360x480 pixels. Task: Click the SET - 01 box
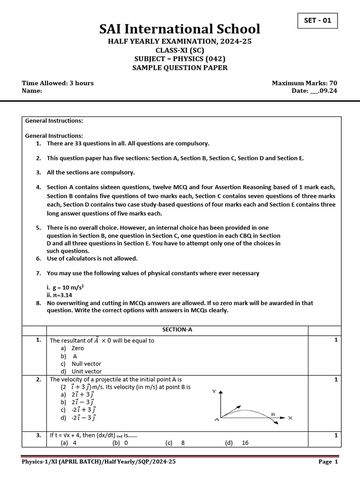point(317,21)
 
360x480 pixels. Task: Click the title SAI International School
point(180,30)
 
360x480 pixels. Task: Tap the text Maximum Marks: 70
point(304,83)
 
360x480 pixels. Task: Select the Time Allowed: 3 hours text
point(58,83)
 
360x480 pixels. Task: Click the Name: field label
point(32,91)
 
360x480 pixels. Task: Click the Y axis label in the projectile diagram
point(214,391)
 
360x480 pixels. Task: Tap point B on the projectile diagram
point(273,414)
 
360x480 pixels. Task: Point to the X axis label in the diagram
point(290,418)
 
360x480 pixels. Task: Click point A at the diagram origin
point(217,420)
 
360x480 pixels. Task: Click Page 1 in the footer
point(328,462)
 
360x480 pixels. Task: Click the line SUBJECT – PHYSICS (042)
point(180,59)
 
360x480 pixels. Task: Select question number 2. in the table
point(38,380)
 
